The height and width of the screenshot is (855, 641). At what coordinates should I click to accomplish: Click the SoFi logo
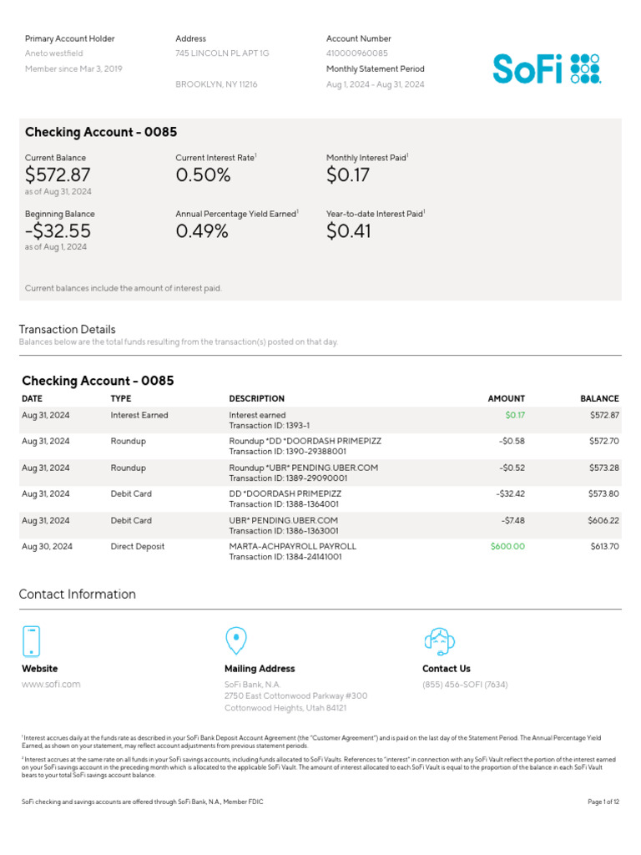click(x=546, y=69)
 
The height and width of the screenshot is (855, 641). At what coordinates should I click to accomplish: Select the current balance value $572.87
click(x=58, y=175)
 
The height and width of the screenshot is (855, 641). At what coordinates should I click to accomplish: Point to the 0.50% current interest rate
click(x=203, y=175)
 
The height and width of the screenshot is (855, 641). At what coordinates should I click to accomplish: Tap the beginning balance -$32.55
click(x=58, y=231)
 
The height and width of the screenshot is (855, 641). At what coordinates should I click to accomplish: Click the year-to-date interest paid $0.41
click(x=349, y=231)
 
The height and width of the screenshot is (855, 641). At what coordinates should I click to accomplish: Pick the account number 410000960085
click(x=357, y=53)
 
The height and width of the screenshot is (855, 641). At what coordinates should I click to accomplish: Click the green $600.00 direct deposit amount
click(x=507, y=547)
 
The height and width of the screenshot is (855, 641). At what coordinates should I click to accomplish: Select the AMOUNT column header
click(x=506, y=399)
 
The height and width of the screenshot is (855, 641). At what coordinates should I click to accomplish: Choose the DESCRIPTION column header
click(x=256, y=399)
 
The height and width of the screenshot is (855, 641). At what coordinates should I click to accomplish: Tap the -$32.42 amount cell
click(x=510, y=494)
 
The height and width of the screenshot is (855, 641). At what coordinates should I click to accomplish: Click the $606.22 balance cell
click(x=603, y=520)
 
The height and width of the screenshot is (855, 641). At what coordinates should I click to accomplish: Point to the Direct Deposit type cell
click(x=138, y=547)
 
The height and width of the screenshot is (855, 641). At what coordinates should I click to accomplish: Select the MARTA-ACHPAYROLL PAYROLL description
click(x=292, y=547)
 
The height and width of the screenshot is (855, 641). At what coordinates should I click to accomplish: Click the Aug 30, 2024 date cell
click(x=47, y=547)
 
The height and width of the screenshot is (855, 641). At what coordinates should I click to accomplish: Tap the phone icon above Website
click(x=31, y=641)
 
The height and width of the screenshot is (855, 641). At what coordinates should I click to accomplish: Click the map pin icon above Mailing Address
click(x=236, y=640)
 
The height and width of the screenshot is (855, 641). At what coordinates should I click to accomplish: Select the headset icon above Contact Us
click(x=439, y=640)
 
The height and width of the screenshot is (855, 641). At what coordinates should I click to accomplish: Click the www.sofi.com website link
click(x=51, y=685)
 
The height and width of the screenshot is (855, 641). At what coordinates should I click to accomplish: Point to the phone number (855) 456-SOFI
click(x=465, y=685)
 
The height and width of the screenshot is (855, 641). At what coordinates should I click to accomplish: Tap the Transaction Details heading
click(x=68, y=330)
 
